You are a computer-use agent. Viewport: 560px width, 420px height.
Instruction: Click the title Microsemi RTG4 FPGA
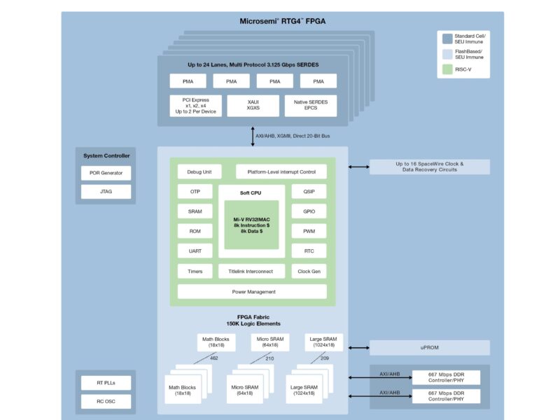click(x=283, y=21)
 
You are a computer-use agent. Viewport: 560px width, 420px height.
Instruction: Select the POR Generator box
click(x=106, y=173)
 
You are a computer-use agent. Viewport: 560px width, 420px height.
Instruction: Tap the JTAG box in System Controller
click(x=106, y=191)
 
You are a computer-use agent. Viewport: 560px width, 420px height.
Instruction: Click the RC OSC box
click(x=106, y=401)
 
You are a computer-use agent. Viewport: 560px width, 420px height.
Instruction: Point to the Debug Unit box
click(x=199, y=171)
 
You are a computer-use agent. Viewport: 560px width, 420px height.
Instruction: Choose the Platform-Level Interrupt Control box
click(x=281, y=171)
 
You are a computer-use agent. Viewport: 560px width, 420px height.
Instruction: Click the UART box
click(x=195, y=251)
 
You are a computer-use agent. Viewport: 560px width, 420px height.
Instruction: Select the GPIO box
click(x=309, y=211)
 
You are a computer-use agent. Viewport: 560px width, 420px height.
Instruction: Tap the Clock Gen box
click(x=309, y=271)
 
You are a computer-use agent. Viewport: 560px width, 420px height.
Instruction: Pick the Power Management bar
click(x=252, y=291)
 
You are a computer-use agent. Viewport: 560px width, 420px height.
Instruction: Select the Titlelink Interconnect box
click(x=251, y=271)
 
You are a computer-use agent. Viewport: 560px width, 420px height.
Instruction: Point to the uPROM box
click(x=429, y=348)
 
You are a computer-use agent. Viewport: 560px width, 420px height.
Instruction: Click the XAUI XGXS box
click(x=253, y=106)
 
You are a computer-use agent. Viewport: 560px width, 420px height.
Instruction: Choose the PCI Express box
click(x=195, y=106)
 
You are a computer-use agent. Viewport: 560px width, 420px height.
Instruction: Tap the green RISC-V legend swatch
click(x=448, y=69)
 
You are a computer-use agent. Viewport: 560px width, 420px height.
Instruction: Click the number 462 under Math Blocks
click(x=213, y=358)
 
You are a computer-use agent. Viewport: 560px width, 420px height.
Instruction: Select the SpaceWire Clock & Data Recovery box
click(x=429, y=167)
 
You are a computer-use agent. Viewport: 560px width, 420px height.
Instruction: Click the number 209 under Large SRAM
click(x=324, y=358)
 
